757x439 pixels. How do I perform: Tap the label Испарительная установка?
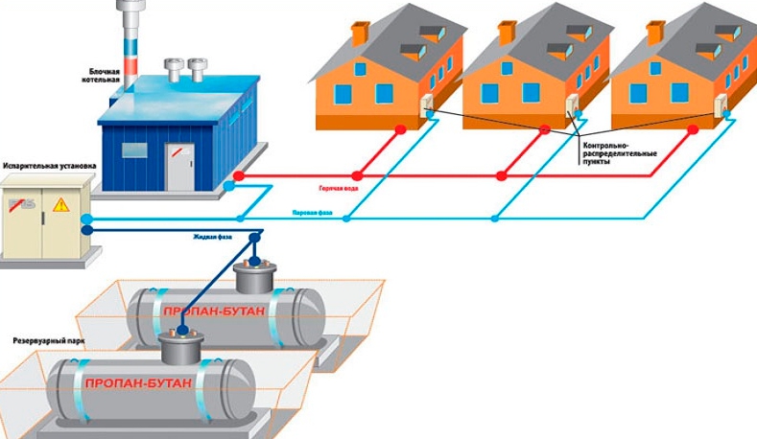(x=49, y=165)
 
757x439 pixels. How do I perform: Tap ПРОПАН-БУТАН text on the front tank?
(x=138, y=383)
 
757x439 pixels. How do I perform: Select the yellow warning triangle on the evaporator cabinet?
(x=61, y=203)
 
